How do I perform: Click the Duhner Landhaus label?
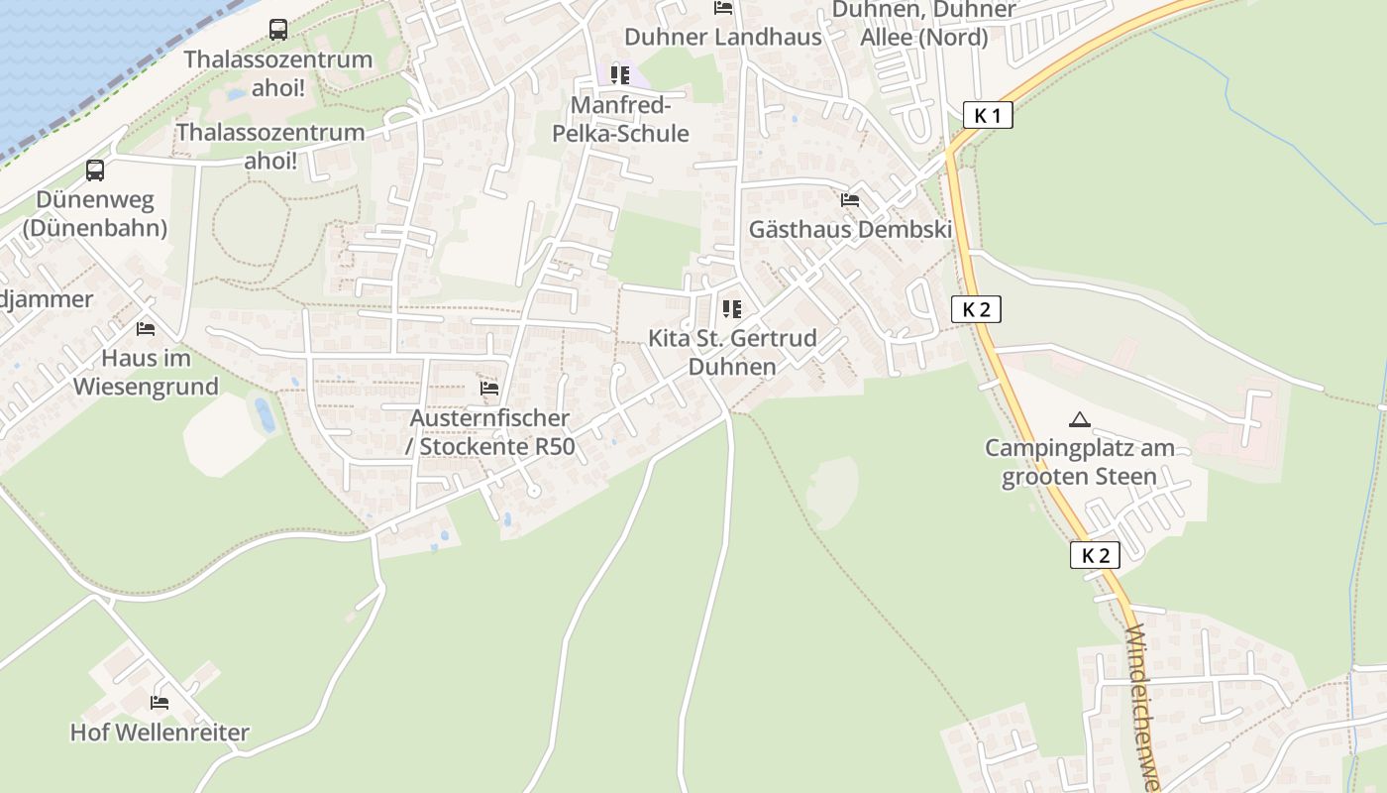click(x=723, y=38)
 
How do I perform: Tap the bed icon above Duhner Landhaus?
click(x=723, y=9)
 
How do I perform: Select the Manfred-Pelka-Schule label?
click(x=630, y=119)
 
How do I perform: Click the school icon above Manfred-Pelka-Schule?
click(x=620, y=75)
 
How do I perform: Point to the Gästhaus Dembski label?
click(x=850, y=230)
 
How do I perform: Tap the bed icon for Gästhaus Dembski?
click(x=850, y=200)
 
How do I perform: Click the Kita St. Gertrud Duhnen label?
click(x=732, y=352)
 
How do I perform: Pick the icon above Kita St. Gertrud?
click(x=732, y=309)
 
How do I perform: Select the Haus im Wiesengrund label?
click(x=146, y=372)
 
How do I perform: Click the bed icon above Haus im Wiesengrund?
click(x=146, y=328)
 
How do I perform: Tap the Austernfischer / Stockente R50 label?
click(x=489, y=432)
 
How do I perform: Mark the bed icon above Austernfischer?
click(x=489, y=389)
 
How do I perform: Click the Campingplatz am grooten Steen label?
click(x=1080, y=462)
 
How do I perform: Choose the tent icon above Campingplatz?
click(x=1080, y=419)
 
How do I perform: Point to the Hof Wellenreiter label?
click(x=160, y=734)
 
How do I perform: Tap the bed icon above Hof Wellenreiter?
click(x=160, y=703)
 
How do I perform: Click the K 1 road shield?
click(x=988, y=115)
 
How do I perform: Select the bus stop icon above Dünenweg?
click(x=95, y=170)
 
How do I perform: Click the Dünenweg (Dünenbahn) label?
click(x=95, y=214)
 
